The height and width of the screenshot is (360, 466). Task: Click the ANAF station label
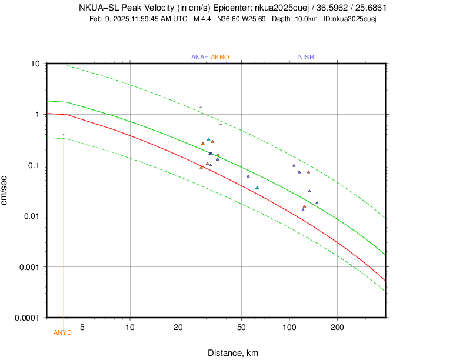[x=199, y=57]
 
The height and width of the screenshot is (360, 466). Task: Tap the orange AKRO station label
[x=219, y=57]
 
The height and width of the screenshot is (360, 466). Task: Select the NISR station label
[x=306, y=57]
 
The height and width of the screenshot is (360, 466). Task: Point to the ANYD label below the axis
[x=62, y=332]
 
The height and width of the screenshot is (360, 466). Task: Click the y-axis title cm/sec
[x=5, y=191]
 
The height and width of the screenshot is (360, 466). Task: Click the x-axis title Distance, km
[x=233, y=353]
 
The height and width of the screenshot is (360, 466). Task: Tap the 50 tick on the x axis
[x=241, y=326]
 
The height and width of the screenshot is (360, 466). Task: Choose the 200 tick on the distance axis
[x=337, y=326]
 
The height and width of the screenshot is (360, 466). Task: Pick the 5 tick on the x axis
[x=82, y=326]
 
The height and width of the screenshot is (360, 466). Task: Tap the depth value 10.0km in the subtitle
[x=306, y=19]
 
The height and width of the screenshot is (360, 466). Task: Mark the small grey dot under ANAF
[x=201, y=107]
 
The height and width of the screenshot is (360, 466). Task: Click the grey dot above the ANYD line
[x=64, y=135]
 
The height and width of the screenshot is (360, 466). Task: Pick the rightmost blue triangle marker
[x=317, y=203]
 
